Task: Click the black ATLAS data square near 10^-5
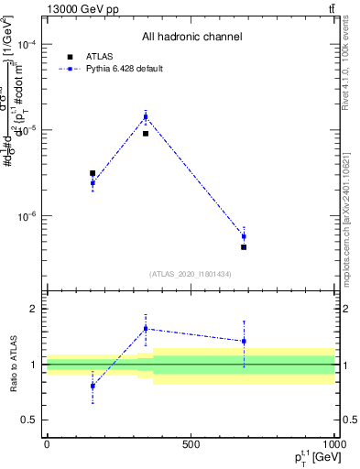pyautogui.click(x=146, y=134)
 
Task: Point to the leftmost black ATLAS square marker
pyautogui.click(x=93, y=172)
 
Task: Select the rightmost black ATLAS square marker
pyautogui.click(x=244, y=247)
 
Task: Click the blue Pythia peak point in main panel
pyautogui.click(x=146, y=116)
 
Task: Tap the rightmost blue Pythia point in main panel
pyautogui.click(x=244, y=236)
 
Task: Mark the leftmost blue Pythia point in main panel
pyautogui.click(x=93, y=183)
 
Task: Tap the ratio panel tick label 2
pyautogui.click(x=34, y=310)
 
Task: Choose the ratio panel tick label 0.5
pyautogui.click(x=30, y=420)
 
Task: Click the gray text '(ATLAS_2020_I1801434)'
pyautogui.click(x=191, y=274)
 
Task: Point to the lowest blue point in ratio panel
pyautogui.click(x=93, y=386)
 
